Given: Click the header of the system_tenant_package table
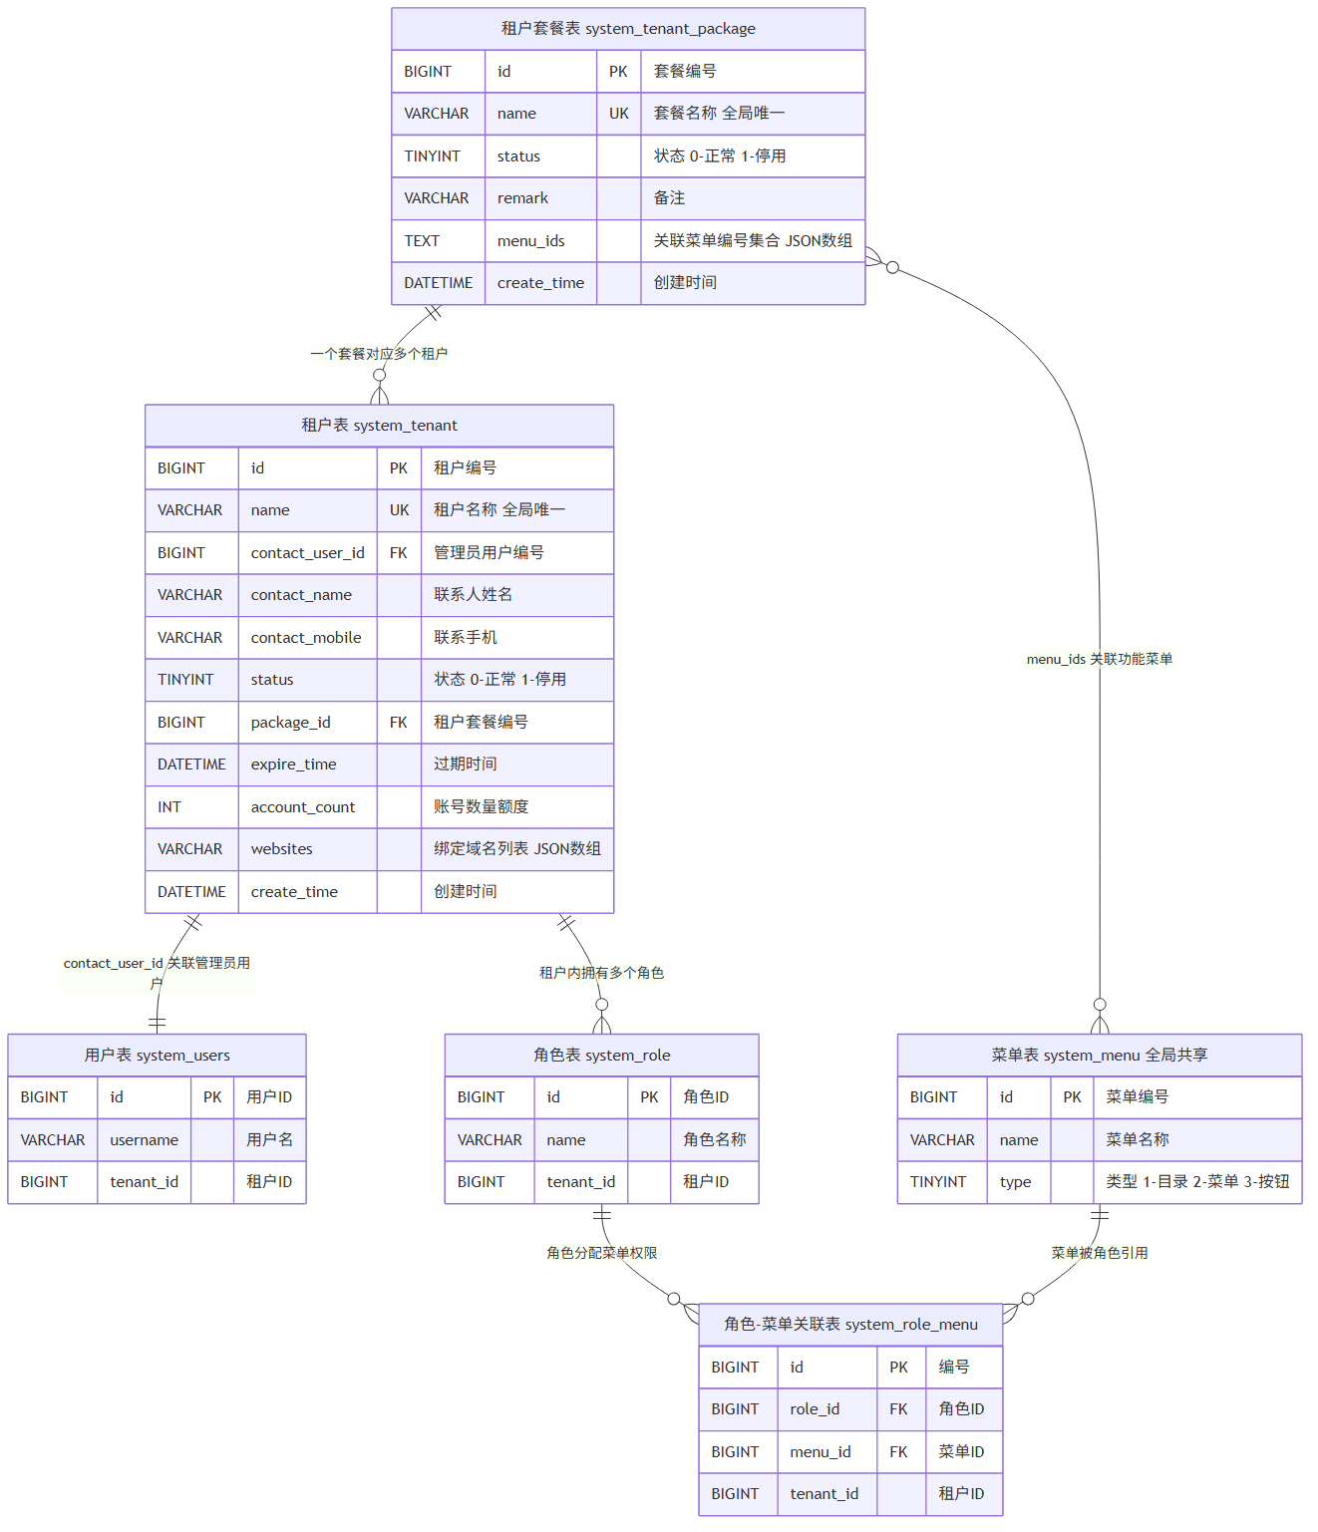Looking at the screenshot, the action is (628, 29).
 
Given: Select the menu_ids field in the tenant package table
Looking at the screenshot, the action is (530, 241).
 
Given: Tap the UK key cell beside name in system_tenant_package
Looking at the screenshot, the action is (619, 114).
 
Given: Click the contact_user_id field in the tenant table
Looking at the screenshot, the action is (308, 553).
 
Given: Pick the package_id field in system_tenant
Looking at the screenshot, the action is (290, 722).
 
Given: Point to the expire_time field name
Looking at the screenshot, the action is (293, 765).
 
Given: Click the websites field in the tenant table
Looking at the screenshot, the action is (282, 848).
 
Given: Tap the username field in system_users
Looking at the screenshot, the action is (144, 1140).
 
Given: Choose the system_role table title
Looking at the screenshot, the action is (601, 1055).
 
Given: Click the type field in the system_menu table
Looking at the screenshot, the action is (1015, 1182).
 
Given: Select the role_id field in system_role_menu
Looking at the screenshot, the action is (815, 1409).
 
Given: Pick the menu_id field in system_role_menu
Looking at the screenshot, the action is (820, 1452).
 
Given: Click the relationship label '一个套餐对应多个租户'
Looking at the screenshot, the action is (379, 354).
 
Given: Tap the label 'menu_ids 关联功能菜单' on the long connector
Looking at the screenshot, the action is (1100, 659).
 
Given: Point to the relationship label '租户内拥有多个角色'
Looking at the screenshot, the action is (601, 973).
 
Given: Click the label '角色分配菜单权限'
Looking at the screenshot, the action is (601, 1253).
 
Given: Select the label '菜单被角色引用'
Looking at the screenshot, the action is (1100, 1253).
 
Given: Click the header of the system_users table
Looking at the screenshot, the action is (157, 1055).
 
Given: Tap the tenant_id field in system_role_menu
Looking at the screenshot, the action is (824, 1493).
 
